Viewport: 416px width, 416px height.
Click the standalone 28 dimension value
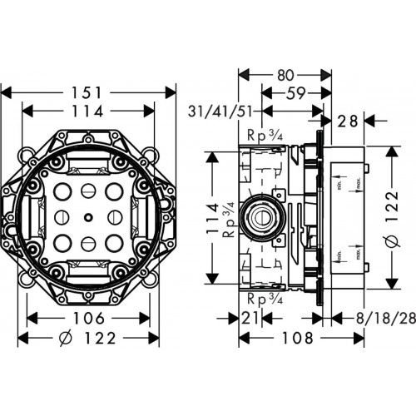pos(351,121)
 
